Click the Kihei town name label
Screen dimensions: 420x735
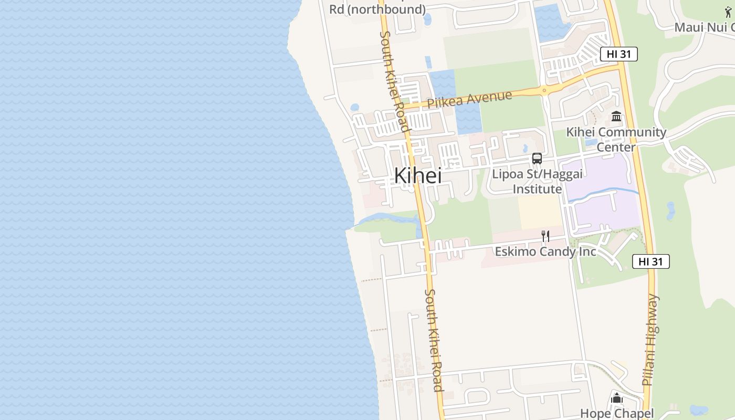click(417, 176)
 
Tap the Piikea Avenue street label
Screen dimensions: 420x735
click(469, 99)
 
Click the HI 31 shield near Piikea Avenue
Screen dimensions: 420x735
click(618, 54)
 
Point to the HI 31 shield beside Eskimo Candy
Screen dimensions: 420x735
click(650, 261)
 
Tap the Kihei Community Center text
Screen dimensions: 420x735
click(616, 139)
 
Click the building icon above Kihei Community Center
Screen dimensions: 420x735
click(616, 116)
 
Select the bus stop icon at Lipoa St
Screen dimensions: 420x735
click(537, 158)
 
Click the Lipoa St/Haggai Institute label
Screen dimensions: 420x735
click(527, 181)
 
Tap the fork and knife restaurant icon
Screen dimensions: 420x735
click(545, 236)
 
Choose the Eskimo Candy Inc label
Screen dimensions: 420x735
click(545, 252)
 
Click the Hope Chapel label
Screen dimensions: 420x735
click(617, 414)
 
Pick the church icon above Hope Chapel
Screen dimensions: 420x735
click(617, 398)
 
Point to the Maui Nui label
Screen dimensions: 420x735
click(703, 27)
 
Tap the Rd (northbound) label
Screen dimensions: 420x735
click(377, 9)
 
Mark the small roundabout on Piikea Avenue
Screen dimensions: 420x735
click(544, 90)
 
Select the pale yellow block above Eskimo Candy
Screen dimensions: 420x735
click(540, 213)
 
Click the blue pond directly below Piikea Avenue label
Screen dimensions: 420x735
click(468, 118)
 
